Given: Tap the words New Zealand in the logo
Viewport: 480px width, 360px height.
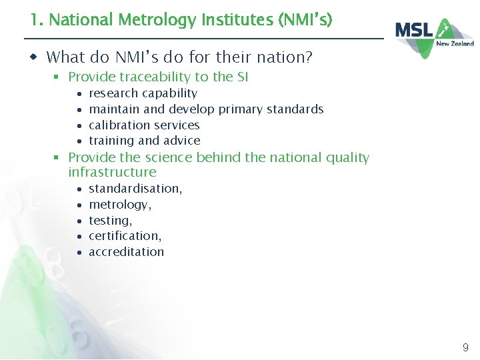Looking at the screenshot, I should pos(455,44).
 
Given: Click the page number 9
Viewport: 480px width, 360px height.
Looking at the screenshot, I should pos(465,347).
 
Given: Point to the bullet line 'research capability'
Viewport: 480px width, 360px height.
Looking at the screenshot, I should pos(143,93).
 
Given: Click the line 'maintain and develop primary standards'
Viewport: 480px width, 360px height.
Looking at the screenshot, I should pos(206,109).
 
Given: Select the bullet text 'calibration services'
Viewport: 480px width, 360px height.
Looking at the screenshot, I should pos(144,125).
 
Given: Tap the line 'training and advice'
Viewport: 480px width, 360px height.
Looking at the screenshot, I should pos(144,141).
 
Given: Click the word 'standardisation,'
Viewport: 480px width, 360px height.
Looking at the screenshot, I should pos(135,189).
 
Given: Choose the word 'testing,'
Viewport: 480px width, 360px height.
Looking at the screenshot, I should pos(110,221).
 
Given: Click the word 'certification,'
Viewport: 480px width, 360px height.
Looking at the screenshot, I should pos(125,236).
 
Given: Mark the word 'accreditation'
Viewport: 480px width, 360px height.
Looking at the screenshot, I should pos(126,252).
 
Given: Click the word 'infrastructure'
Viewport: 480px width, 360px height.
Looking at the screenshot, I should pos(112,173).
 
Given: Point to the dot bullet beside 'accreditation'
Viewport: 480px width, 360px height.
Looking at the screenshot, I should pos(79,253).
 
